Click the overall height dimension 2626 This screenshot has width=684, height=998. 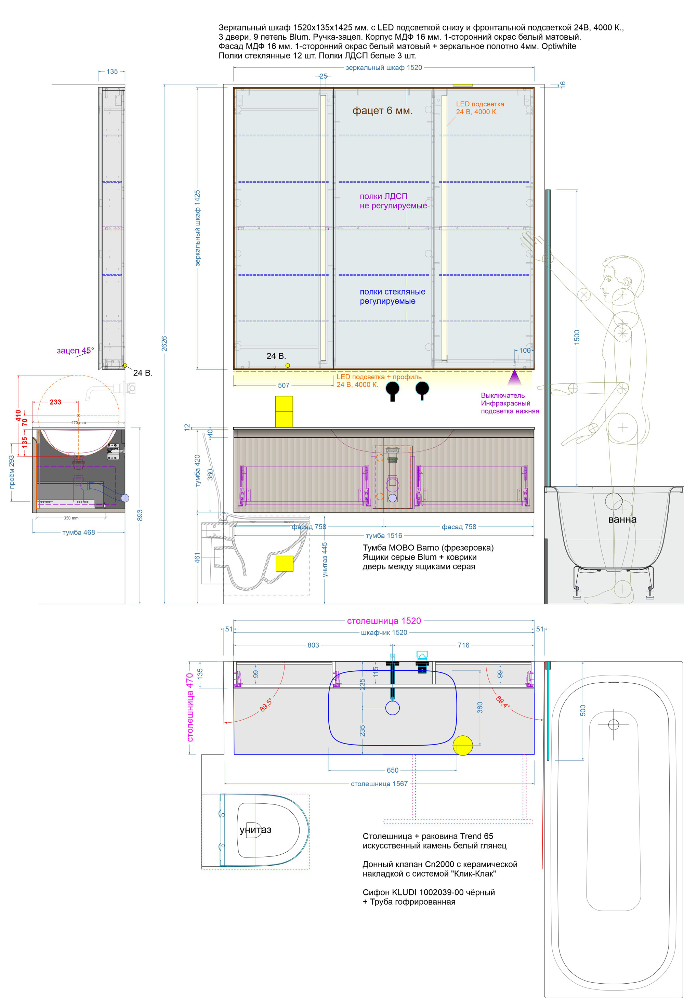(164, 343)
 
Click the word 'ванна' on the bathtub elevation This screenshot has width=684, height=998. (622, 519)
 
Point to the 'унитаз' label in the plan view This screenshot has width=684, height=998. (255, 830)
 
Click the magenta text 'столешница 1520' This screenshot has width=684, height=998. (384, 620)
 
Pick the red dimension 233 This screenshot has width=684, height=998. (55, 402)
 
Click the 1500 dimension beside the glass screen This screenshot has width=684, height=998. (577, 337)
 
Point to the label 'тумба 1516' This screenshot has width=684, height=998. (384, 536)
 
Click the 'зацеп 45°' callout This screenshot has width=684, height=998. (75, 351)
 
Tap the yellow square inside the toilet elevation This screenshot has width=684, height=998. (284, 563)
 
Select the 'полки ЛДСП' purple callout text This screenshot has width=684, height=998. (383, 196)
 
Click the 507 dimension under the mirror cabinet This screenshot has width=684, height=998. (284, 385)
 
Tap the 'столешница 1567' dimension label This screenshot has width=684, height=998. (379, 784)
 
